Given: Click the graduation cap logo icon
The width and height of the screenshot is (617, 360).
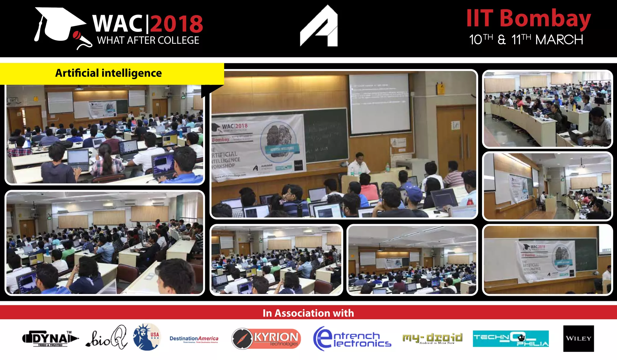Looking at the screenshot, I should tap(60, 26).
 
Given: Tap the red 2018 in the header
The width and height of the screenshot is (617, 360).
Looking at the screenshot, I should tap(177, 24).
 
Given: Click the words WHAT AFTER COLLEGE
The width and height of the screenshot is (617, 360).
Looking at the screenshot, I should tap(148, 40).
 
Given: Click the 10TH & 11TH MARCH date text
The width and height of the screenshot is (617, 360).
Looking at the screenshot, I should tap(526, 40).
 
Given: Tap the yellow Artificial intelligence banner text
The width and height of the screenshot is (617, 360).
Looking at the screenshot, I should tap(108, 73).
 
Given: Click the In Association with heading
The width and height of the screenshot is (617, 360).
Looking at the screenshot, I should tap(308, 313).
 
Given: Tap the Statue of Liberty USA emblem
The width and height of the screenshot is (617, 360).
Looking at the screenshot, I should tap(147, 337).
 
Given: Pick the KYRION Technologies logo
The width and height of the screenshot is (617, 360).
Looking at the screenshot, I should tap(266, 339).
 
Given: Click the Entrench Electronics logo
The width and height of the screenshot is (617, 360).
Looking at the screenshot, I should tap(352, 339).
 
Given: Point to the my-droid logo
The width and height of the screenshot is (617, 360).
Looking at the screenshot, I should tap(432, 338).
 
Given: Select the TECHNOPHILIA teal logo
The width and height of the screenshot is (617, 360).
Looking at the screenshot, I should tap(510, 339).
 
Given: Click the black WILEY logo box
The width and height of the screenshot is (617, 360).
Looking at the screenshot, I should tap(578, 338).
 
